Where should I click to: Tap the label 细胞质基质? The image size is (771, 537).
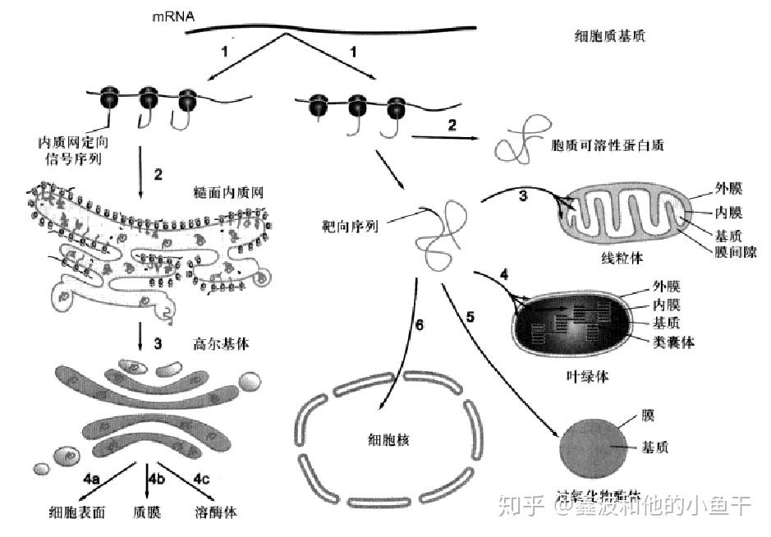(612, 35)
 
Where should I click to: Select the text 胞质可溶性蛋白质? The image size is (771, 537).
(608, 145)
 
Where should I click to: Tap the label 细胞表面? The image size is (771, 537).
(77, 512)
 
